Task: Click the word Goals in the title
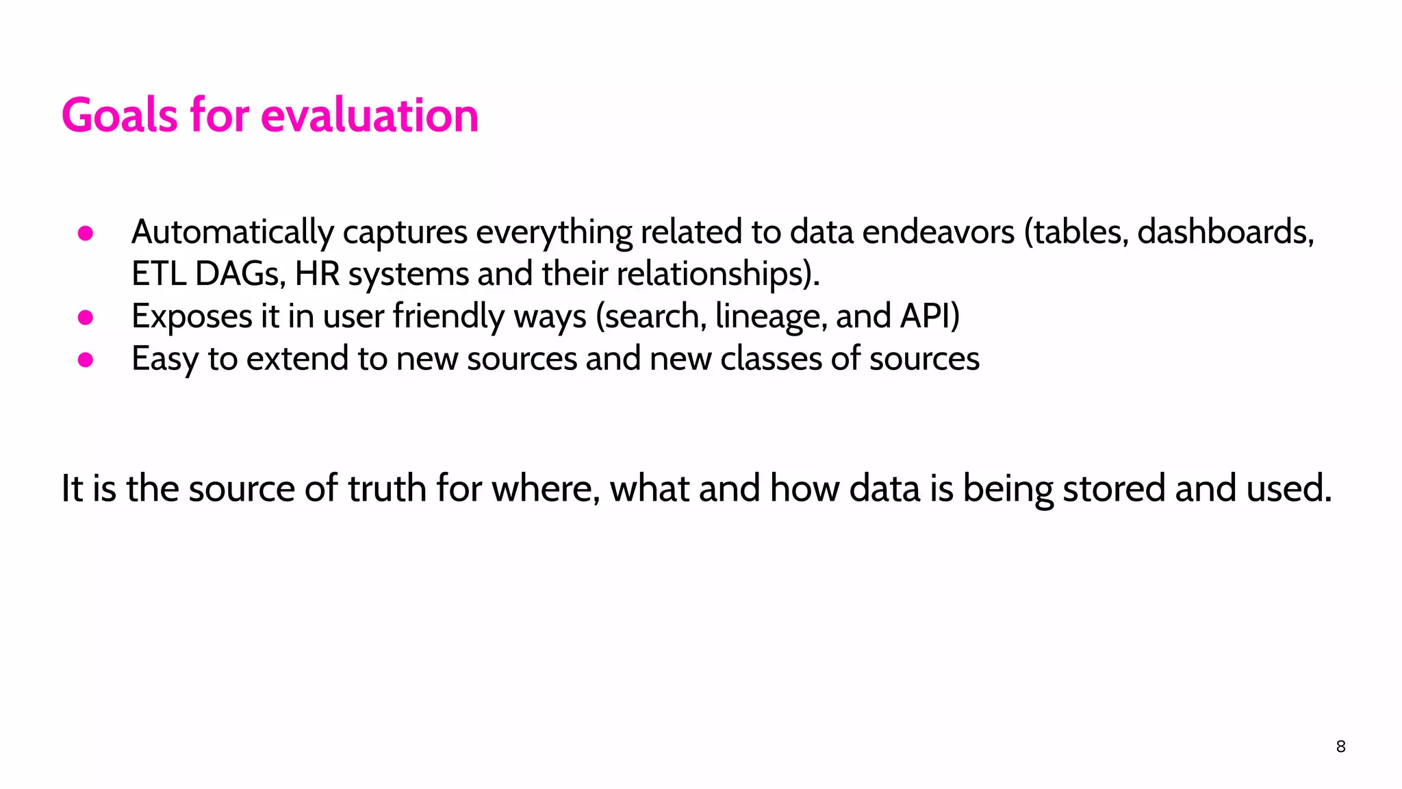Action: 120,115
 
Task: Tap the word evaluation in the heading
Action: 370,115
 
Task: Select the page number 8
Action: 1340,747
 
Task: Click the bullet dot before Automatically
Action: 86,234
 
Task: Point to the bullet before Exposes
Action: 86,318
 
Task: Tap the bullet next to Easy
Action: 86,360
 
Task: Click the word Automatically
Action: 232,233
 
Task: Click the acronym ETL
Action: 158,274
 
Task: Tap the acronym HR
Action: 317,274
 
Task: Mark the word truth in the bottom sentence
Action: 387,489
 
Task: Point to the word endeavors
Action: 938,231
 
